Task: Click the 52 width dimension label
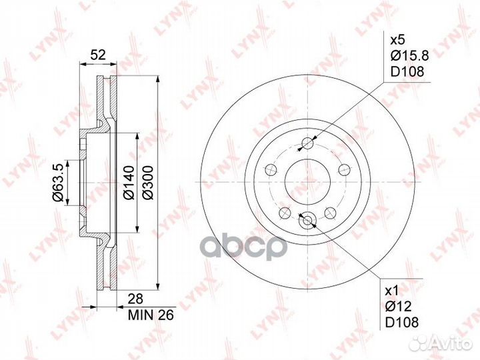click(x=98, y=55)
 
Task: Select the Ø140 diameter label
click(x=129, y=183)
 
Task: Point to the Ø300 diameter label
click(x=148, y=183)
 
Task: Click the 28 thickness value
click(x=135, y=299)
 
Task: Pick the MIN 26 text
click(x=151, y=315)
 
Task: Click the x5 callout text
click(x=398, y=40)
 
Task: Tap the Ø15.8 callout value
click(x=410, y=56)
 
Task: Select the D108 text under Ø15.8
click(x=407, y=71)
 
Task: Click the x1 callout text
click(x=392, y=291)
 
